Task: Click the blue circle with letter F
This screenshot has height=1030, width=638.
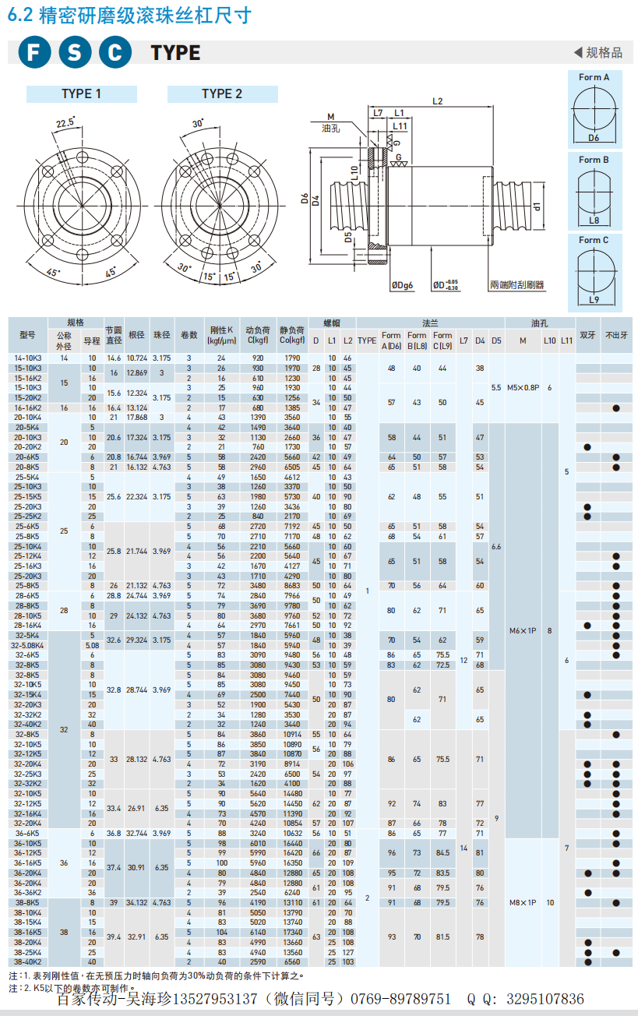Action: pyautogui.click(x=33, y=53)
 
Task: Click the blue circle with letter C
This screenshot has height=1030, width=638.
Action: pyautogui.click(x=115, y=53)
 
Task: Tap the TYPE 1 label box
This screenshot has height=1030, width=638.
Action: pyautogui.click(x=82, y=93)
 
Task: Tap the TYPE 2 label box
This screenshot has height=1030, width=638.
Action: pyautogui.click(x=222, y=93)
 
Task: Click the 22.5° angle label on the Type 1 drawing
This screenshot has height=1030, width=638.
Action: pyautogui.click(x=65, y=122)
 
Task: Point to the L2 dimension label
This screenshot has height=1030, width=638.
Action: pyautogui.click(x=437, y=101)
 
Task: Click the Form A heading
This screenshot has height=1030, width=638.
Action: pyautogui.click(x=594, y=77)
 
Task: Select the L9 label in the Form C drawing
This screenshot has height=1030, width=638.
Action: pyautogui.click(x=594, y=299)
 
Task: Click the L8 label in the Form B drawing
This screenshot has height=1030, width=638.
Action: pyautogui.click(x=594, y=220)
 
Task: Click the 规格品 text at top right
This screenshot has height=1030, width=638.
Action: pyautogui.click(x=604, y=52)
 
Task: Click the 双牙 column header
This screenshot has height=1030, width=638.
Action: pyautogui.click(x=587, y=335)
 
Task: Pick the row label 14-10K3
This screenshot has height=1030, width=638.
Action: pyautogui.click(x=28, y=358)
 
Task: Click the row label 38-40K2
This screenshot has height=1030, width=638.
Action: pyautogui.click(x=28, y=961)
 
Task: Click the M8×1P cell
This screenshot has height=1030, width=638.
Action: pyautogui.click(x=523, y=902)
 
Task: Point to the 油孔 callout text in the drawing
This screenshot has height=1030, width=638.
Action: pyautogui.click(x=330, y=128)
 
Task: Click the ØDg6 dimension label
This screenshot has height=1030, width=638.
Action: pyautogui.click(x=401, y=285)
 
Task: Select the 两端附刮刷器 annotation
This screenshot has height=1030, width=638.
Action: pyautogui.click(x=517, y=285)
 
